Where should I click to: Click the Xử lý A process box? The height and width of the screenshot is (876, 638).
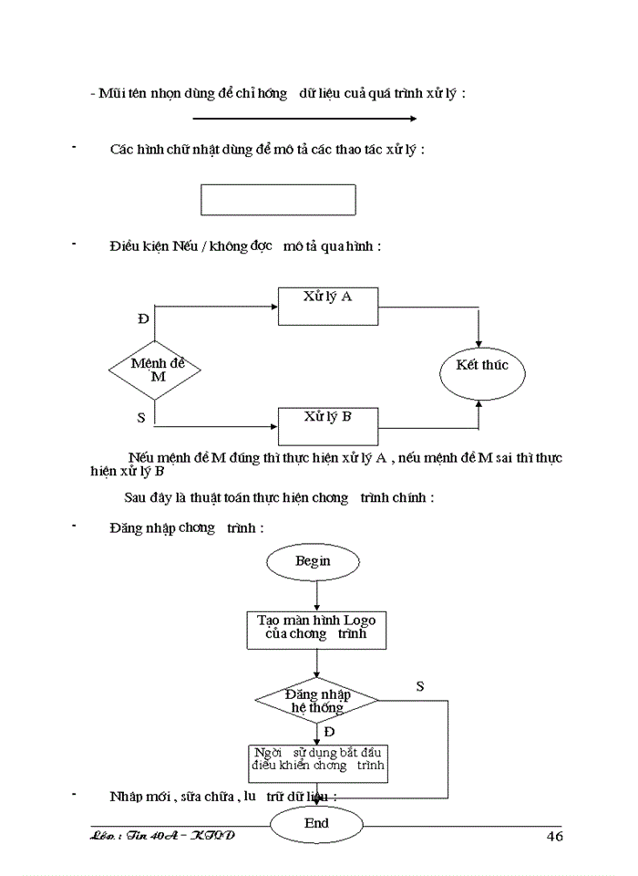coord(327,307)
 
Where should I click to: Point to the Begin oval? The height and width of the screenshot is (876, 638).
coord(313,562)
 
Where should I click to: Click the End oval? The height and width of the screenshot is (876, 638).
coord(316,824)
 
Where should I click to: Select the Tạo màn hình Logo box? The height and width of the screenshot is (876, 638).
coord(316,629)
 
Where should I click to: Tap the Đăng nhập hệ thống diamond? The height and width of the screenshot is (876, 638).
coord(317,701)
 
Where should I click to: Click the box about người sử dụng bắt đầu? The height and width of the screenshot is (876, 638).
coord(318,763)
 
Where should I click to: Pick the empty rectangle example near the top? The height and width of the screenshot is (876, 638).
coord(278,200)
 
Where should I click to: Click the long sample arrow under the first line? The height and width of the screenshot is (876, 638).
coord(304,119)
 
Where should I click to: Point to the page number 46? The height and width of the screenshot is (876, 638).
coord(553,837)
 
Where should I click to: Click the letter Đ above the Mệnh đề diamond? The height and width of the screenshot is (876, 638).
coord(142,318)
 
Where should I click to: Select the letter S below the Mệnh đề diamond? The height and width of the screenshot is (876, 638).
coord(140,417)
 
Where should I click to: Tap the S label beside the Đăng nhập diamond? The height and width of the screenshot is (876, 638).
coord(419,685)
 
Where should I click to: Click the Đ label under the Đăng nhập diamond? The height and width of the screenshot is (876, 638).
coord(329,732)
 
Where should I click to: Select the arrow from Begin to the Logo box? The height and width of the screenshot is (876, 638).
coord(316,595)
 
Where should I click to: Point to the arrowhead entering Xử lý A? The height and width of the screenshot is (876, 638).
coord(273,308)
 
